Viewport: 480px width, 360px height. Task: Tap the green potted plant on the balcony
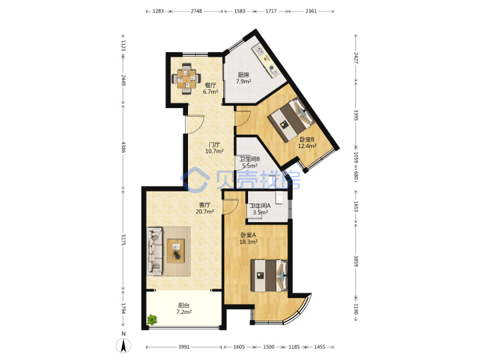click(152, 320)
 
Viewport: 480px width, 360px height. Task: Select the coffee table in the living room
click(176, 251)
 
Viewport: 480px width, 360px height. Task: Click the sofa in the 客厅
click(155, 251)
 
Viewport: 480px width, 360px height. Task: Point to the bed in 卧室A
click(269, 275)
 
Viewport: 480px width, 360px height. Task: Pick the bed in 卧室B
click(291, 119)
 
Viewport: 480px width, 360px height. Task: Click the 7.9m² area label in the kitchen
click(243, 81)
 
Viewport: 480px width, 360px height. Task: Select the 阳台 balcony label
click(184, 305)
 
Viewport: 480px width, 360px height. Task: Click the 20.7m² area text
click(205, 211)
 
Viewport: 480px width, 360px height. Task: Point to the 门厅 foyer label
click(214, 145)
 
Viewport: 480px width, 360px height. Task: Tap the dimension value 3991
click(184, 347)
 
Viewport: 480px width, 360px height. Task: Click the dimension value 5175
click(123, 240)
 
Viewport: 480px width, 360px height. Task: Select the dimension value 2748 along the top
click(196, 11)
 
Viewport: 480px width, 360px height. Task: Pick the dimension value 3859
click(356, 261)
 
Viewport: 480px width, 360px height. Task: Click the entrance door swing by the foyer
click(195, 124)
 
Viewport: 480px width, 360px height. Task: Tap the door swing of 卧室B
click(243, 118)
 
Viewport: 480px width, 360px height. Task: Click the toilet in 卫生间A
click(279, 197)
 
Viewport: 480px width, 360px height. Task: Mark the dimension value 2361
click(311, 11)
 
